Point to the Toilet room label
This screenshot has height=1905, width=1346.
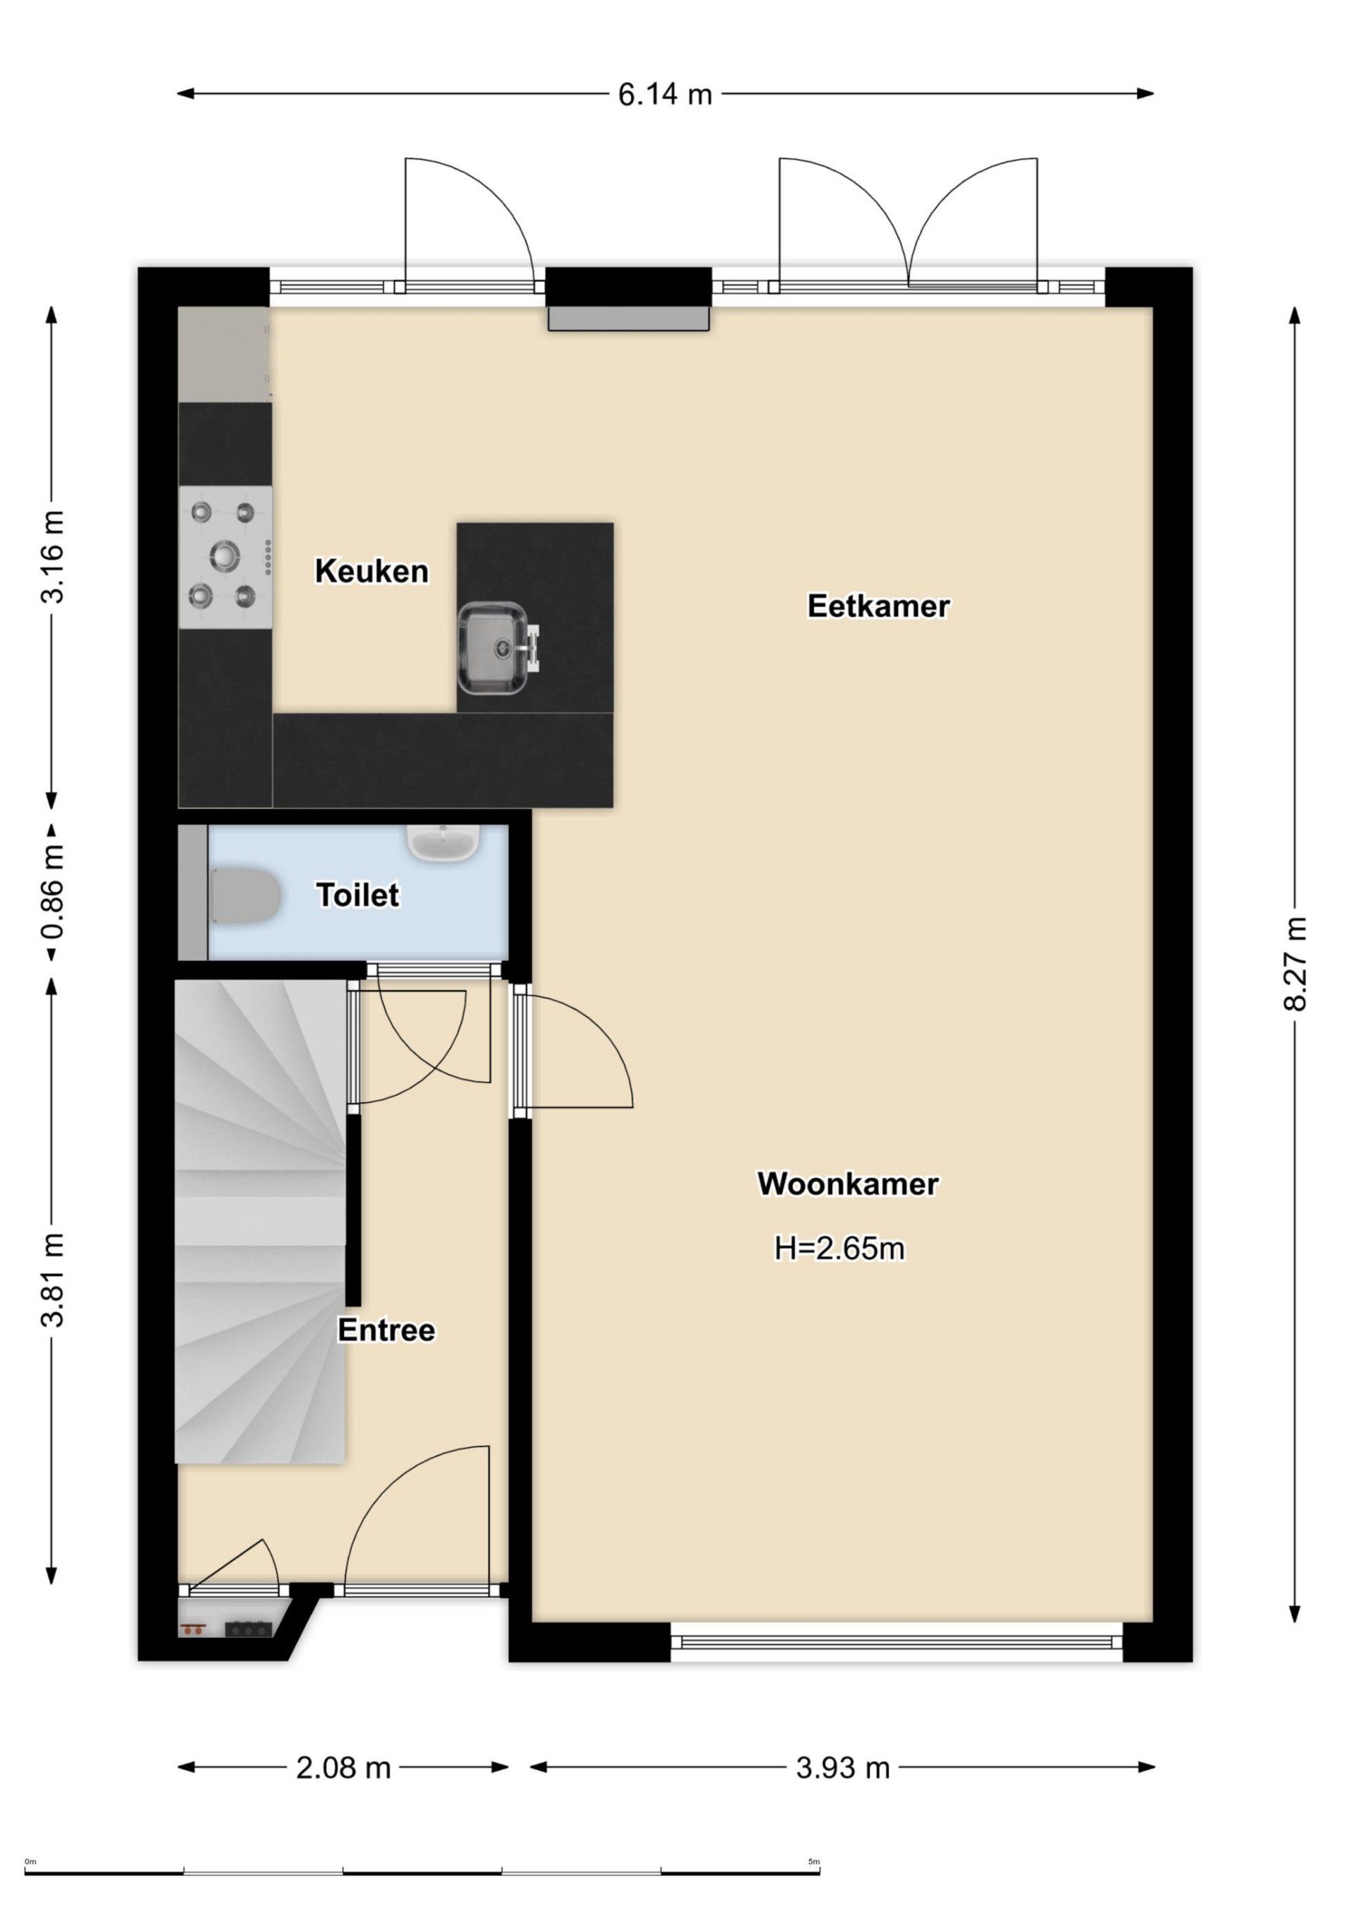tap(357, 895)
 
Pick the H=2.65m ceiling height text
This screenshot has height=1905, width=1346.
tap(839, 1248)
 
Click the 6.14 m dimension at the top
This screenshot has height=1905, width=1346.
tap(665, 95)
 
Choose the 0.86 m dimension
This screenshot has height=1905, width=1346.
tap(53, 893)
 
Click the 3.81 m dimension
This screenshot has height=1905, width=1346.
tap(53, 1280)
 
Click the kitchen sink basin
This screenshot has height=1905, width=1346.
tap(491, 649)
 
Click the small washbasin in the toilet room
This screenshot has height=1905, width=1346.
tap(443, 842)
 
